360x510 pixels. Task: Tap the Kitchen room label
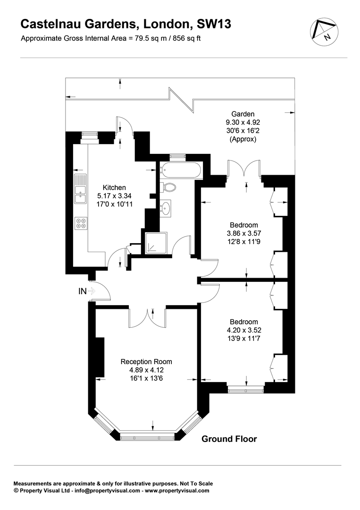click(114, 187)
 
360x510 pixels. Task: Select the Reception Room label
click(146, 361)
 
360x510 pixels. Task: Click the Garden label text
click(243, 114)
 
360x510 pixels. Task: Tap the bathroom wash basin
click(166, 207)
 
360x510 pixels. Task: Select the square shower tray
click(156, 243)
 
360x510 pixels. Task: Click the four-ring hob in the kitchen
click(81, 223)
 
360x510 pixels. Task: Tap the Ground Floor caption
click(229, 439)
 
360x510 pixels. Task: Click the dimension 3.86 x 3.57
click(244, 233)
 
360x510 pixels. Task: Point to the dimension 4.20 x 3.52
click(244, 330)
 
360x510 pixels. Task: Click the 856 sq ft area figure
click(186, 38)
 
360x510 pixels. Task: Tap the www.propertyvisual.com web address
click(177, 491)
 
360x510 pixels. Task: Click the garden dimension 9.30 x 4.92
click(243, 122)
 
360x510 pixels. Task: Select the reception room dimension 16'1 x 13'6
click(146, 378)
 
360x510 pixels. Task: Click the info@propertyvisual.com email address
click(107, 491)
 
